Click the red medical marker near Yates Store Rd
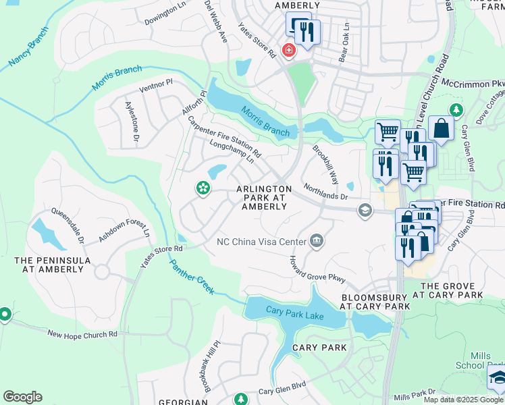tap(289, 51)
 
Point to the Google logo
tap(22, 397)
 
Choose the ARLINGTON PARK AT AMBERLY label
tap(264, 198)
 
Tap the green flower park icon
tap(202, 189)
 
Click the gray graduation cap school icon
tap(365, 211)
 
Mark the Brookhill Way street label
tap(325, 161)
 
